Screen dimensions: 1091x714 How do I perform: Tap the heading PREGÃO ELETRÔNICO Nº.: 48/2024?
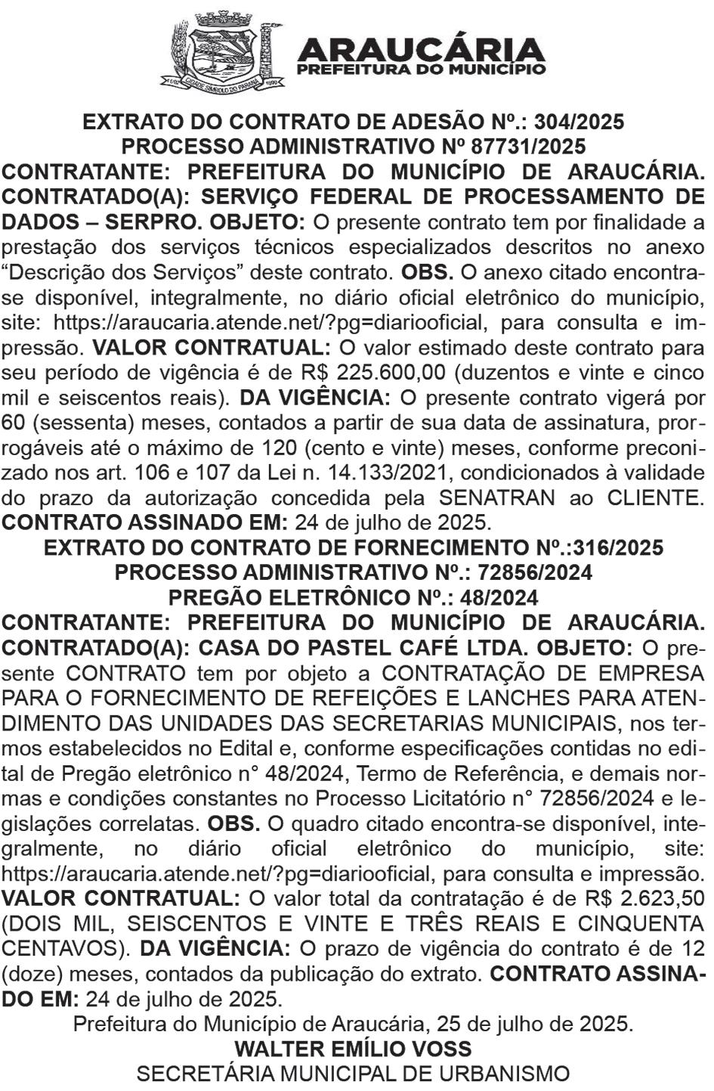pyautogui.click(x=354, y=597)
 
